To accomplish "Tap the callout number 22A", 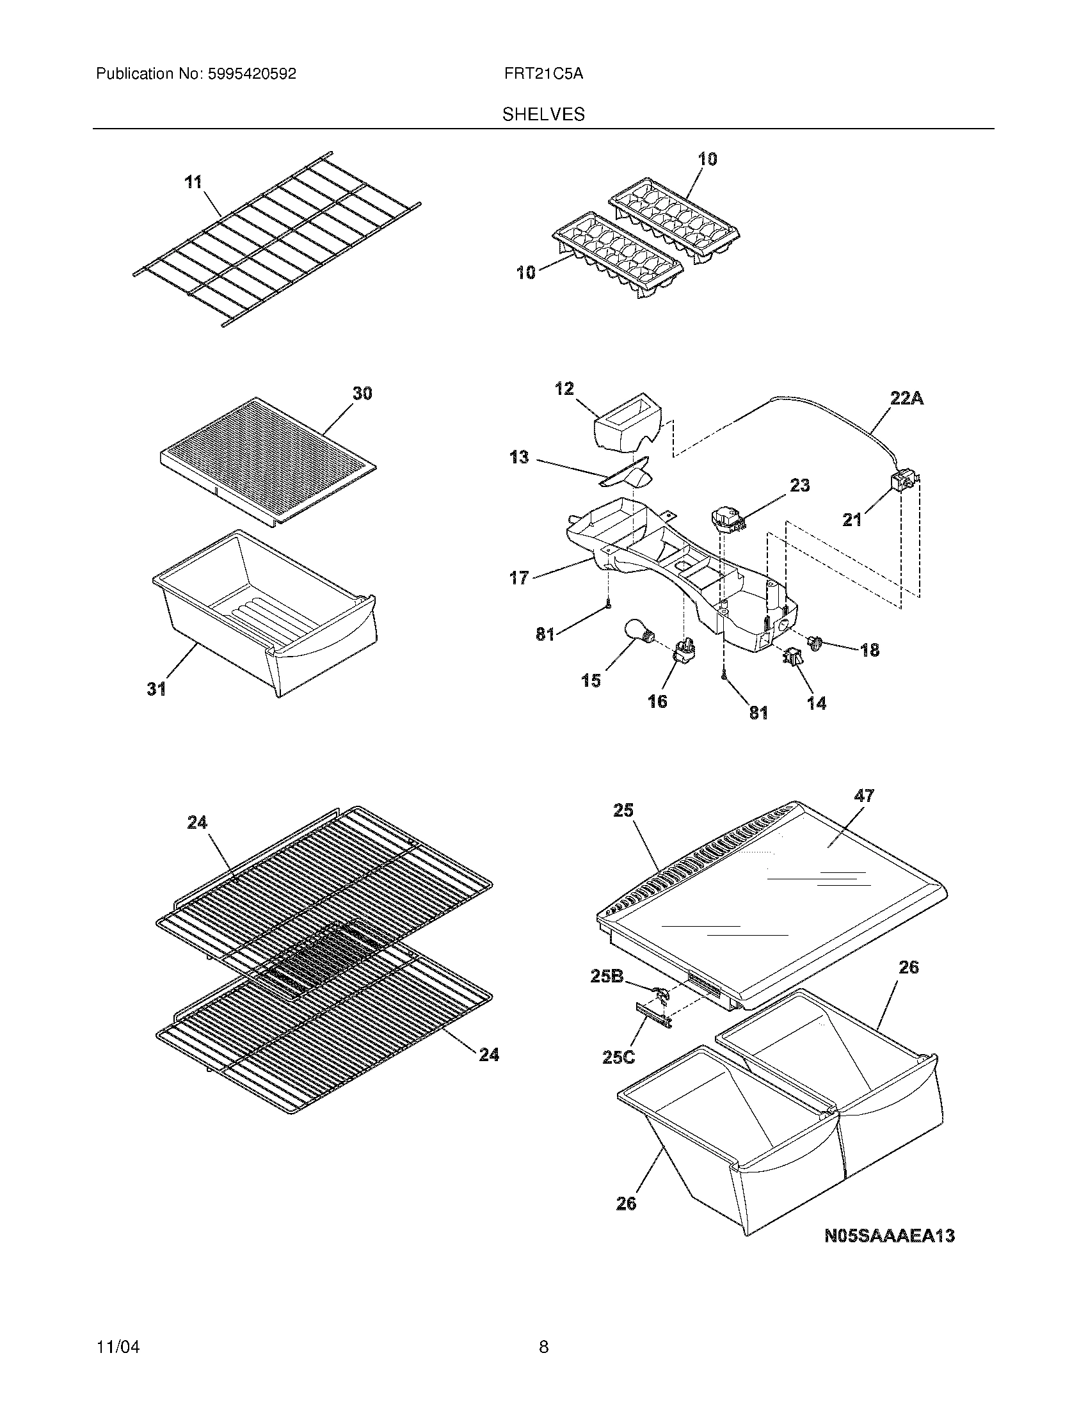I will pyautogui.click(x=906, y=399).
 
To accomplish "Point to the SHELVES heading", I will pyautogui.click(x=543, y=115).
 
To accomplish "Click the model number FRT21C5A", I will pyautogui.click(x=544, y=74).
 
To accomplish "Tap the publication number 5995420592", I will pyautogui.click(x=252, y=74).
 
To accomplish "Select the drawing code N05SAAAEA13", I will pyautogui.click(x=890, y=1235).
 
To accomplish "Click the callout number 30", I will pyautogui.click(x=362, y=393).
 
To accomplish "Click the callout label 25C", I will pyautogui.click(x=618, y=1057).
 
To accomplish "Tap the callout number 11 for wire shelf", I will pyautogui.click(x=193, y=182).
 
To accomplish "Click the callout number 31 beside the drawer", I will pyautogui.click(x=156, y=689).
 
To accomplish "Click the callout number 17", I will pyautogui.click(x=519, y=578).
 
